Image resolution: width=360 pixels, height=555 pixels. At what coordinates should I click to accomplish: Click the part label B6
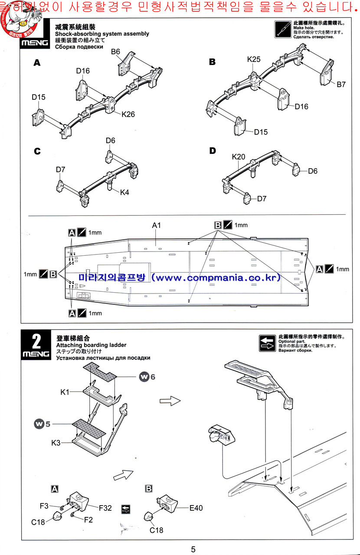click(x=115, y=52)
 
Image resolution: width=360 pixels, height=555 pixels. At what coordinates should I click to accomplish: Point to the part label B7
click(x=341, y=85)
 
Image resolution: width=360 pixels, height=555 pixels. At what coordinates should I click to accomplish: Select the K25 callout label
click(x=254, y=59)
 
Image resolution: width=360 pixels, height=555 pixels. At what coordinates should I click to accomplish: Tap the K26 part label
click(x=128, y=114)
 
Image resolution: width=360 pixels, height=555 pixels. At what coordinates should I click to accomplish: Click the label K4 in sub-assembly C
click(x=124, y=192)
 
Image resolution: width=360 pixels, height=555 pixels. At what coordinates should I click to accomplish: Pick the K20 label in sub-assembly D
click(x=239, y=157)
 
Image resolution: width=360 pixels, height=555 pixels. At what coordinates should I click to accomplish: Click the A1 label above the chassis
click(x=157, y=225)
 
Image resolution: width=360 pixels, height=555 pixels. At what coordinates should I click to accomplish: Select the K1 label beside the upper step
click(x=65, y=392)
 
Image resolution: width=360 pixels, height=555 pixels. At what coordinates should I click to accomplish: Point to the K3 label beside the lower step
click(x=56, y=443)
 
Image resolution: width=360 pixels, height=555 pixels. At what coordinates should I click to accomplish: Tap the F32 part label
click(x=105, y=507)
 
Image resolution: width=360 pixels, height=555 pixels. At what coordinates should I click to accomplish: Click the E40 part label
click(x=196, y=508)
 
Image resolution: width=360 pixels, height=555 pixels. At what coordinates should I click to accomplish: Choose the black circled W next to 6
click(x=144, y=377)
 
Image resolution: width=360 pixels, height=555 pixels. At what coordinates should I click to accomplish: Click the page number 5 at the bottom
click(x=193, y=549)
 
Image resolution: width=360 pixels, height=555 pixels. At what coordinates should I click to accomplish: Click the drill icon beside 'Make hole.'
click(x=283, y=29)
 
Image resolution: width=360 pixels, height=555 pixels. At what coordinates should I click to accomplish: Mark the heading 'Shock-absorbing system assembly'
click(x=102, y=34)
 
